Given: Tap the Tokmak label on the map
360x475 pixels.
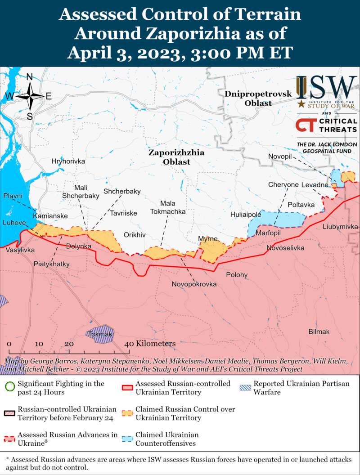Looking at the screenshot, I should [100, 334].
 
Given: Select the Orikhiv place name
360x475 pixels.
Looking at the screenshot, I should [135, 235].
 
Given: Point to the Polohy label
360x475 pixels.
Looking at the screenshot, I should [237, 274].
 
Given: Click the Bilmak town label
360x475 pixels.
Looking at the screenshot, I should [319, 332].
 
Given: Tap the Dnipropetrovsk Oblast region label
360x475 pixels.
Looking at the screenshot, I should [258, 99].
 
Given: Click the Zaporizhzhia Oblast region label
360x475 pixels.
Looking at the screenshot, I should [176, 157].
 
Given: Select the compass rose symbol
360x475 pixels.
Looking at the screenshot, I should [30, 96].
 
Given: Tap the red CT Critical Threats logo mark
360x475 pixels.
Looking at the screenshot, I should [306, 125].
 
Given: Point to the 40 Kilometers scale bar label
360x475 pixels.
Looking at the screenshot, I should [150, 344].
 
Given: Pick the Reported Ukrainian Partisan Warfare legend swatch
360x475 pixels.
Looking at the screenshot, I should [246, 387].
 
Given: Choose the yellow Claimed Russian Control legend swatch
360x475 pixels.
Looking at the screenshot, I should [128, 413].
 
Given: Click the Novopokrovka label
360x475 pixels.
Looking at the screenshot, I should [194, 284].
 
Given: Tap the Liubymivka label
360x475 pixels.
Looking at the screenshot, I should [340, 227].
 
